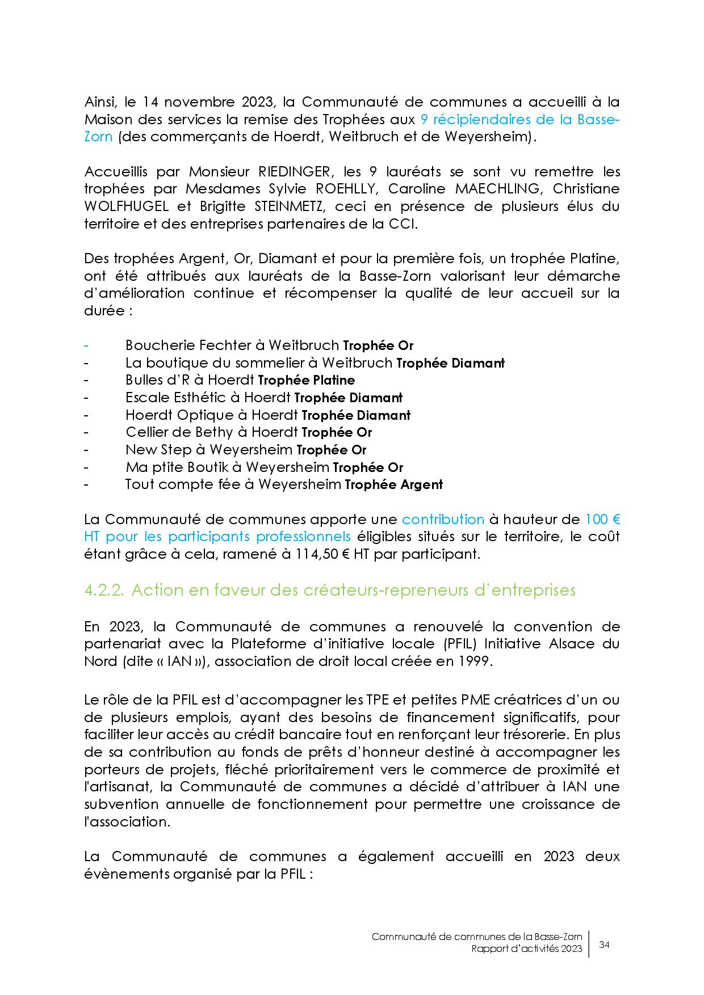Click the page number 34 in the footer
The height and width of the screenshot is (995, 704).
(604, 945)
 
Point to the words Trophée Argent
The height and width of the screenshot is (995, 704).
(393, 485)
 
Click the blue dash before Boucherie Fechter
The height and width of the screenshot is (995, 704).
(86, 345)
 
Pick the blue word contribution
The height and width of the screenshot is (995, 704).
(443, 520)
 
